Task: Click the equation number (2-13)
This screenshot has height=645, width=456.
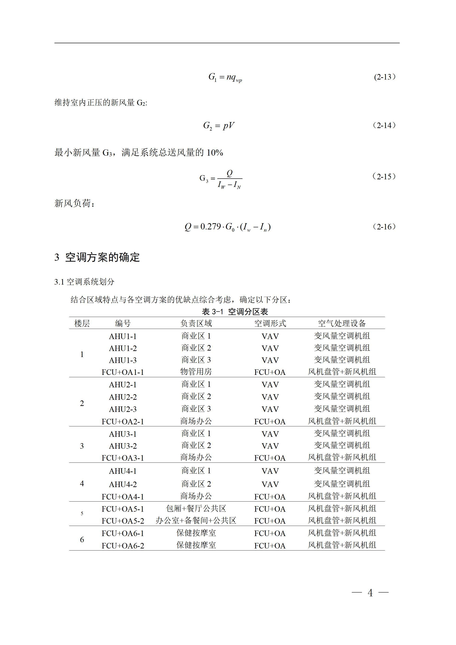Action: (384, 77)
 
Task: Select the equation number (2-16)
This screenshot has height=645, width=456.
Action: (384, 227)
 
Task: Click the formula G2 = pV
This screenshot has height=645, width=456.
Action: (219, 126)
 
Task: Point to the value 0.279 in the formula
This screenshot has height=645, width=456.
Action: (211, 226)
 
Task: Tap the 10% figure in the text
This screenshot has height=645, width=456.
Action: (215, 153)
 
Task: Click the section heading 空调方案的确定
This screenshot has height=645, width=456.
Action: (102, 257)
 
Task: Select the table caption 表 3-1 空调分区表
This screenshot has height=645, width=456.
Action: (235, 311)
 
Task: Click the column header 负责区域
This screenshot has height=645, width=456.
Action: (196, 323)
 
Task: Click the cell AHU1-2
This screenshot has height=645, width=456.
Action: (123, 348)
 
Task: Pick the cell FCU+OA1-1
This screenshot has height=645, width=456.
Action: (123, 372)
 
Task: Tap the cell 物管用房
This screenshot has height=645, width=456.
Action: (196, 372)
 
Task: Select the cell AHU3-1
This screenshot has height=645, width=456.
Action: (123, 434)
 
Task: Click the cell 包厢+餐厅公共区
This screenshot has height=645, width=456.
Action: (196, 508)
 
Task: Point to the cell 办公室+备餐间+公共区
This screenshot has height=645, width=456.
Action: (196, 521)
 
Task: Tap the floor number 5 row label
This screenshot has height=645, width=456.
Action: (82, 514)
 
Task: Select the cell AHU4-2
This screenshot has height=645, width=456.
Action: (123, 484)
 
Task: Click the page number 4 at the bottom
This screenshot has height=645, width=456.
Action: (370, 593)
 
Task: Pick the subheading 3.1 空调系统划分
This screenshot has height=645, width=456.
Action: (84, 282)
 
